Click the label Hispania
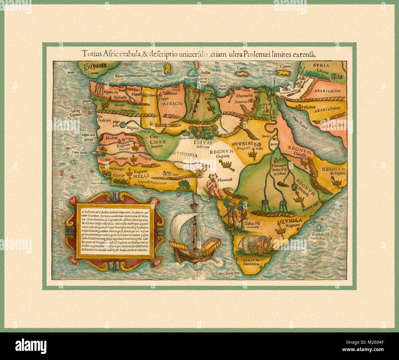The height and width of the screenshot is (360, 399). (95, 65)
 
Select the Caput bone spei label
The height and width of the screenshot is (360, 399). (227, 273)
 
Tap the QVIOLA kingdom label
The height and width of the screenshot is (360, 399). (290, 220)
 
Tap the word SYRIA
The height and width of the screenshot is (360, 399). (321, 65)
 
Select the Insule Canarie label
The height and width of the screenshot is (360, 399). (76, 113)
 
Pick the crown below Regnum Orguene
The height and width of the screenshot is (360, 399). (227, 166)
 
